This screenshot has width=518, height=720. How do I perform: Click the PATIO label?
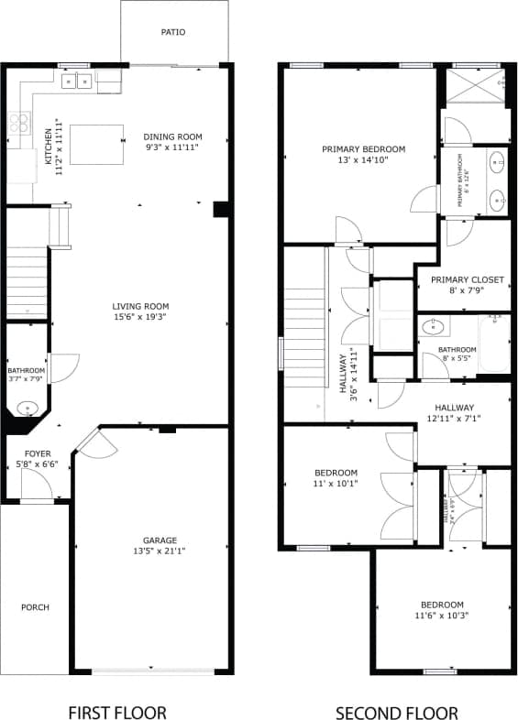pos(173,32)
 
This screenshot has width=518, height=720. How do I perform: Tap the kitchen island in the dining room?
pos(96,144)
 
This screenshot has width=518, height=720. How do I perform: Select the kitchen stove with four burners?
pos(19,124)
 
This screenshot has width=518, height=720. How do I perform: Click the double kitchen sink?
pos(75,82)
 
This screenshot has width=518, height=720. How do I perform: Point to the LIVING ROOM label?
pos(140,307)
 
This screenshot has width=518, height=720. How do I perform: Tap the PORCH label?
pos(35,607)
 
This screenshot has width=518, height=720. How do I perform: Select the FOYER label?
pos(37,453)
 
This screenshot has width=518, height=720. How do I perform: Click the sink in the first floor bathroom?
pos(25,407)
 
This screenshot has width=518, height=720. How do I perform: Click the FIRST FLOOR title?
pos(117,712)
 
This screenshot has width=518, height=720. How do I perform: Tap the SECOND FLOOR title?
pos(396,712)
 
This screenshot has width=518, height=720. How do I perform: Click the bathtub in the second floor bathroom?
pos(493,343)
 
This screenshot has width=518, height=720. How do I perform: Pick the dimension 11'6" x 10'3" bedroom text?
pos(442,616)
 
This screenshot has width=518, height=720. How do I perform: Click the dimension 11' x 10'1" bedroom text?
pos(335,484)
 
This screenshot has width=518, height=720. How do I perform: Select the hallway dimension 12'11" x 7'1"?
pos(454,419)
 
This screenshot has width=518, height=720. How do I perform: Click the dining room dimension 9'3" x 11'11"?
pos(171,147)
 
